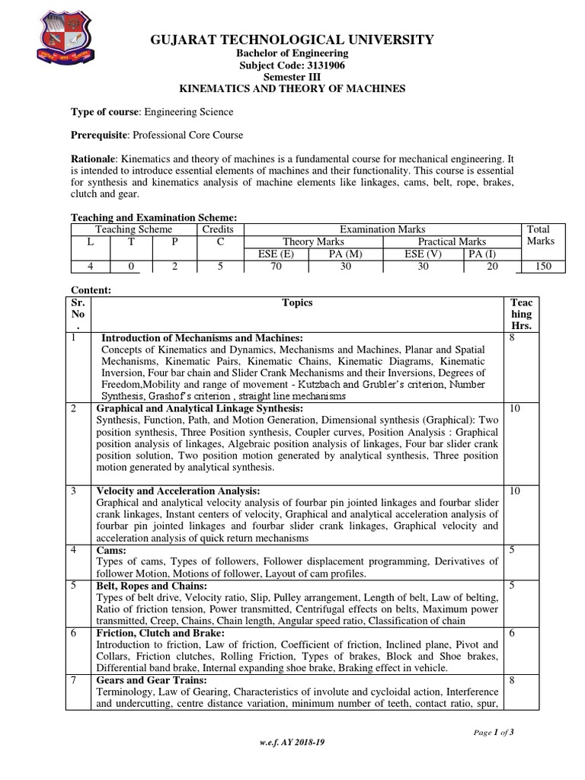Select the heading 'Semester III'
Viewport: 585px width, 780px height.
pyautogui.click(x=292, y=77)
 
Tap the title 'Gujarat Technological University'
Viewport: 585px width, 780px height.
pyautogui.click(x=292, y=40)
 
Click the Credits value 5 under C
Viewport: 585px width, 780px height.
pyautogui.click(x=217, y=267)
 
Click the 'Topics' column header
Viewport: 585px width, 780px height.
pyautogui.click(x=297, y=303)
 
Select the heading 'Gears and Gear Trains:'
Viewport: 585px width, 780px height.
pyautogui.click(x=147, y=680)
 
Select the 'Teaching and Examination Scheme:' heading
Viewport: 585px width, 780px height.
pyautogui.click(x=148, y=217)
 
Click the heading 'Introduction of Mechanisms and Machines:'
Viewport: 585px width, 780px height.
pyautogui.click(x=202, y=337)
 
